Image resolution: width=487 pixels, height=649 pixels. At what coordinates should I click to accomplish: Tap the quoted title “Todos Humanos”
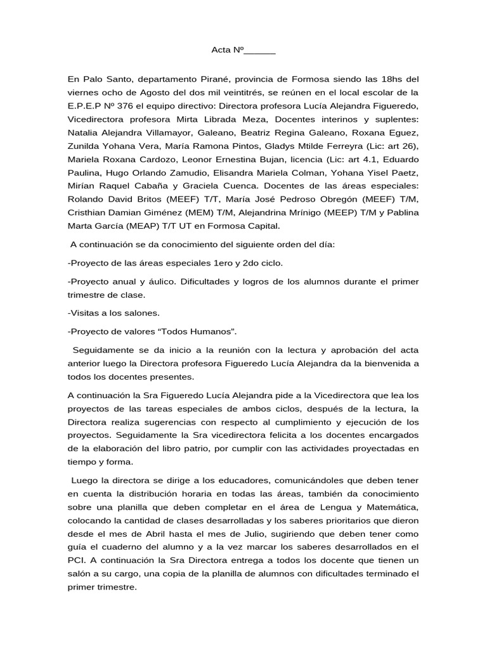click(x=202, y=331)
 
